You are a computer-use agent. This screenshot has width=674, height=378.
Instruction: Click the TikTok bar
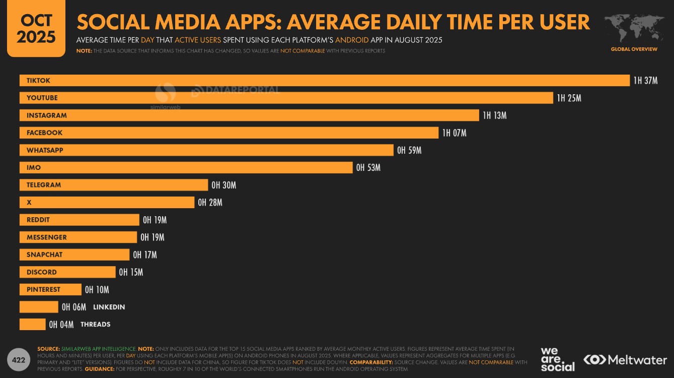pos(325,81)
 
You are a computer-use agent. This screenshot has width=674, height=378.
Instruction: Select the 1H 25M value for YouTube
pos(569,98)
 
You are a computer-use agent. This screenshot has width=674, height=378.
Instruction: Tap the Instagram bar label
pos(47,115)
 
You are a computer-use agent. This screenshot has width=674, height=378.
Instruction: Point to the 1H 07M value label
pos(454,133)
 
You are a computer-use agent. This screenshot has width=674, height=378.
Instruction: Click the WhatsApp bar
pos(206,150)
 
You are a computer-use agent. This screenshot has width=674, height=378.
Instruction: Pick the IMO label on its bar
pos(34,168)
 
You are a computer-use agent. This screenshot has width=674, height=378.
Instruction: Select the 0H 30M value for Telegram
pos(223,185)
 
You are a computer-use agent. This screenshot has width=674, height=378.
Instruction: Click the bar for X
pos(107,203)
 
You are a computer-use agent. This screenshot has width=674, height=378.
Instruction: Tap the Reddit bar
pos(79,220)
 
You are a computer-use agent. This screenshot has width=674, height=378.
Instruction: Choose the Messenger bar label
pos(47,237)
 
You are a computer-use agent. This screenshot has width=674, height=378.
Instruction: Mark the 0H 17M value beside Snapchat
pos(144,255)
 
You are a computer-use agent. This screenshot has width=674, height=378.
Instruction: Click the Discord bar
pos(67,272)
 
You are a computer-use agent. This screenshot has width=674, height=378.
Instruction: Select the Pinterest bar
pos(50,290)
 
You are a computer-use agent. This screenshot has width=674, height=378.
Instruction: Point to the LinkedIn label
pos(109,307)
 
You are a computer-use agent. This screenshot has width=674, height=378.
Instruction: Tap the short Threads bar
pos(32,325)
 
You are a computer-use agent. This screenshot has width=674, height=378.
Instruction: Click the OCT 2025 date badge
pos(36,29)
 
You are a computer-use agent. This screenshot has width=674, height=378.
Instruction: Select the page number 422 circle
pos(18,360)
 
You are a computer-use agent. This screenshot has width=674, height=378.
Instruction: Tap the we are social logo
pos(557,359)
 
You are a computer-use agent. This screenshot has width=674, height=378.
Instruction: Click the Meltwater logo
pos(625,360)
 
